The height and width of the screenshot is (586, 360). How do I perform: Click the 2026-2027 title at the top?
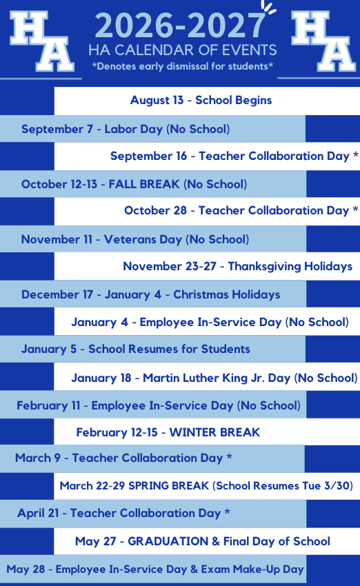180,26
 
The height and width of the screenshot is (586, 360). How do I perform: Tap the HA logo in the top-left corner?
41,41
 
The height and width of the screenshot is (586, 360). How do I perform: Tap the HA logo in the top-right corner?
323,41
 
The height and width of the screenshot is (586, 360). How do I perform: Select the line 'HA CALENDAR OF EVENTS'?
183,50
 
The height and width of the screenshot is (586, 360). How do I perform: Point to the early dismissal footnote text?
183,66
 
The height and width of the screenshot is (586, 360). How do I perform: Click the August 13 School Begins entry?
201,100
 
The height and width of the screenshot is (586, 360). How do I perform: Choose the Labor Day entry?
126,130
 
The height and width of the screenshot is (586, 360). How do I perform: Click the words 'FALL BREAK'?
144,184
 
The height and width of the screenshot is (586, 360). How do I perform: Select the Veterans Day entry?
135,239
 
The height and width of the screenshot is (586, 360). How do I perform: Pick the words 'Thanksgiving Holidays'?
290,267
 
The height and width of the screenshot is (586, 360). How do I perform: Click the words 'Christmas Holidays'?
226,294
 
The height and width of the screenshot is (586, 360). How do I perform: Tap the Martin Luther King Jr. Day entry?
214,378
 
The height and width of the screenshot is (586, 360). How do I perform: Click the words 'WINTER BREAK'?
214,432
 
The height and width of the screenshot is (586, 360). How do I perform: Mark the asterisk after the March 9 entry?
230,456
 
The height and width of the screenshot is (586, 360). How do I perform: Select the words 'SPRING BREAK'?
168,485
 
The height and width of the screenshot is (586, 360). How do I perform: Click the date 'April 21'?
38,513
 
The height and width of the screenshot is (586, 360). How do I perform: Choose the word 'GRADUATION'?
168,541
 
